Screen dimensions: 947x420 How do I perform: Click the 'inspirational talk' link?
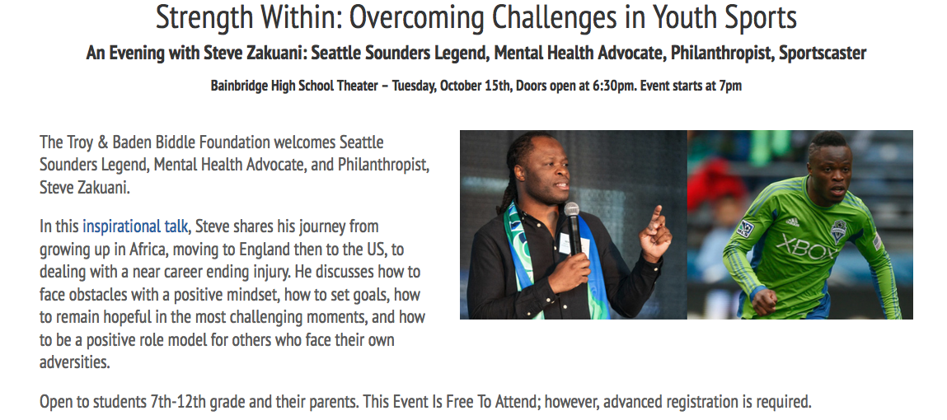(135, 226)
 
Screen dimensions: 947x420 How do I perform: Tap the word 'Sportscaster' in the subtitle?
(823, 53)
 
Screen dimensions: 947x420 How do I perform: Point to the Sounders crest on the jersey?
(838, 231)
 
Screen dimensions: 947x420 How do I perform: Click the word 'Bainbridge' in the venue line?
(238, 86)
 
